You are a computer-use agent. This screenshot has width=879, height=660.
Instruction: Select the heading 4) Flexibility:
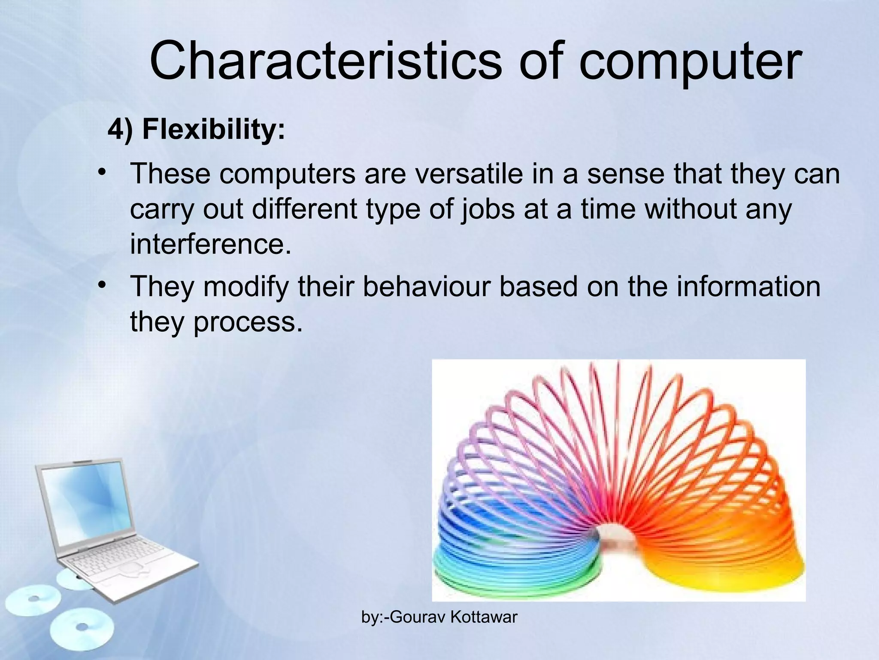click(196, 129)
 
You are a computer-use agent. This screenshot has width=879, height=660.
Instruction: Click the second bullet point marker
click(102, 285)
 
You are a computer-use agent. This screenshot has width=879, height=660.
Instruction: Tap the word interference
click(210, 244)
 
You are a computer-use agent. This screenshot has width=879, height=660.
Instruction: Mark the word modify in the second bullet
click(246, 287)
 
